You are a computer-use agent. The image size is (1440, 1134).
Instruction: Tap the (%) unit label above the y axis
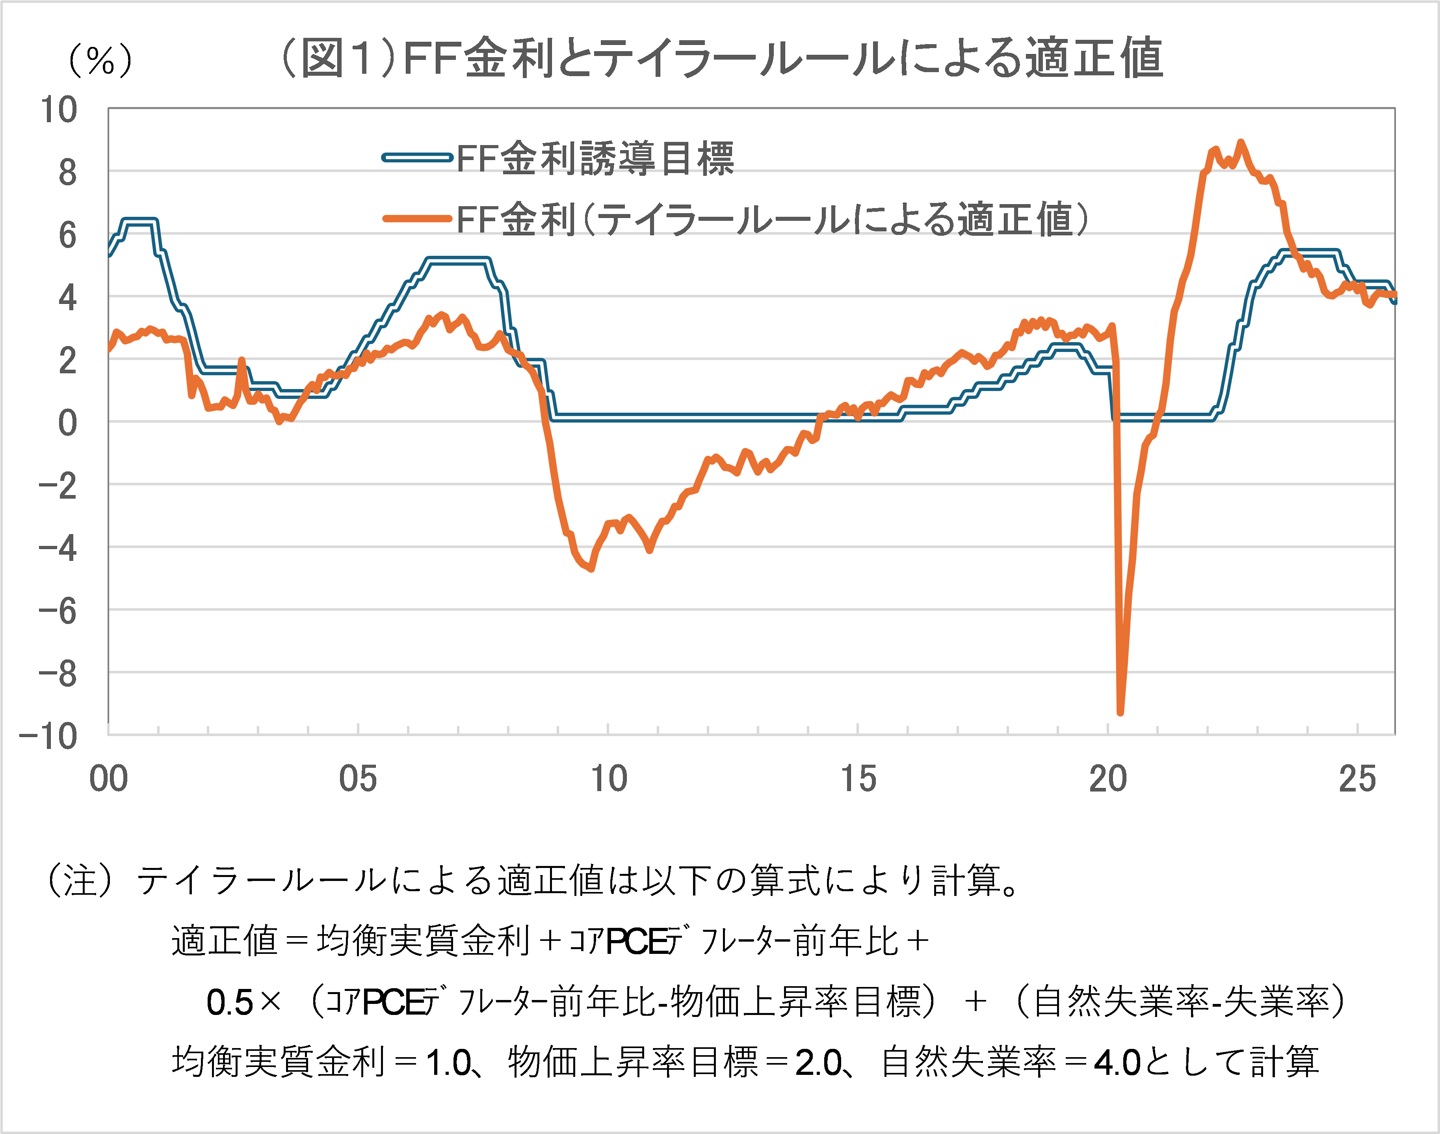tap(100, 61)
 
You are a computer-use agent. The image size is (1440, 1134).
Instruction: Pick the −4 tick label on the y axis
tap(58, 548)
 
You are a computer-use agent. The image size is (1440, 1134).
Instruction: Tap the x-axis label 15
tap(858, 779)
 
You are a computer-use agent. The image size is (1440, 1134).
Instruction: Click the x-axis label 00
tap(108, 779)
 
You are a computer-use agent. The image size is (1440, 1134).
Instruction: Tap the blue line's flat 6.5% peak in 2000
tap(139, 221)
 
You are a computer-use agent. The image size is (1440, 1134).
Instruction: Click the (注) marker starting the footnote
tap(80, 881)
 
